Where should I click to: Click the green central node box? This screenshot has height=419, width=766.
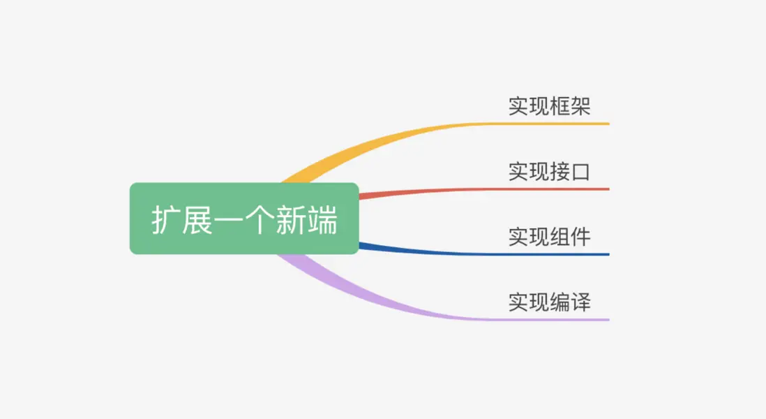point(244,219)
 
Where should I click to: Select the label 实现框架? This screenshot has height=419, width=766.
point(550,106)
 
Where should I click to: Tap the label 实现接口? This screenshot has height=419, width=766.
point(550,172)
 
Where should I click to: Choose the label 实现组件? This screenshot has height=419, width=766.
point(550,237)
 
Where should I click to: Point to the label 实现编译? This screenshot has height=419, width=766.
point(550,302)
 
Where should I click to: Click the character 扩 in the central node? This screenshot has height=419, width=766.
point(166,220)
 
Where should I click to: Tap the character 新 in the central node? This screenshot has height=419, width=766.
point(291,220)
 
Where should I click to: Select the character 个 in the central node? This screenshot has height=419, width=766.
point(260,220)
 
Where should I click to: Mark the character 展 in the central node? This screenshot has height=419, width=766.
point(197,220)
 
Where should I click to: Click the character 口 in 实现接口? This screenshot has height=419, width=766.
point(581,172)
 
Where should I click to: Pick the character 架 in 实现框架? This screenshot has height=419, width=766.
point(581,106)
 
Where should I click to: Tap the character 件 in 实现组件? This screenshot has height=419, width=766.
point(581,237)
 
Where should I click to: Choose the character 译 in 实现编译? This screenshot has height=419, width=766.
point(581,302)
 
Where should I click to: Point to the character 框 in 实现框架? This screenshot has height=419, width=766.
point(560,106)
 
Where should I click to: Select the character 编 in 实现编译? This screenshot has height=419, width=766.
point(560,302)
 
